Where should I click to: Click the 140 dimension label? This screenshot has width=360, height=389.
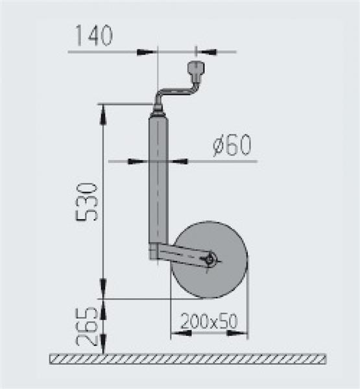click(x=94, y=35)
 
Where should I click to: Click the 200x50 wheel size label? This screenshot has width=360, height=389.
click(x=208, y=321)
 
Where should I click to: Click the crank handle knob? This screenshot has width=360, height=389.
click(x=195, y=69)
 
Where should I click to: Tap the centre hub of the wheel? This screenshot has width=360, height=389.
click(x=210, y=259)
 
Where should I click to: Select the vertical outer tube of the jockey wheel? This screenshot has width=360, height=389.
click(x=158, y=182)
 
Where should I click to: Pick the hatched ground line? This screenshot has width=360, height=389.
click(x=188, y=359)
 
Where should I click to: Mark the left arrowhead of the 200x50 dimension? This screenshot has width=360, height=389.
click(x=178, y=334)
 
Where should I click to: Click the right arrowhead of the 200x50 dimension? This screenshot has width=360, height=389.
click(x=241, y=334)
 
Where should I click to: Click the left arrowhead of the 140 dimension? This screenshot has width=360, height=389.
click(x=149, y=51)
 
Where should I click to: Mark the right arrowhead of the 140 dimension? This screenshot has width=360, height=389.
click(x=204, y=51)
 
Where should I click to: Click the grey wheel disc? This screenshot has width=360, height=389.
click(x=224, y=279)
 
